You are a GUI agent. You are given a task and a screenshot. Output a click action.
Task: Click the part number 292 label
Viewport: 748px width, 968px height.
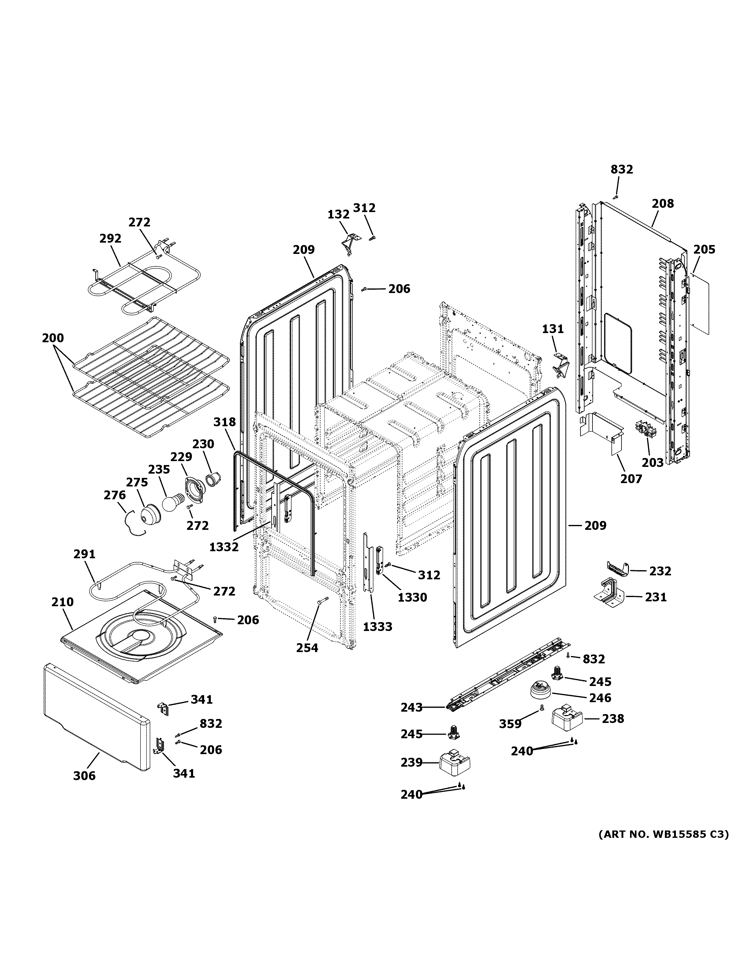point(110,238)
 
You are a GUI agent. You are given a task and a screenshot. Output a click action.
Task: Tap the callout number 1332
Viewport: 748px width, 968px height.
point(224,547)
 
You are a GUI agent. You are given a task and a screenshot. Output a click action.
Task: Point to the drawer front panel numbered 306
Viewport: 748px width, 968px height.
point(95,718)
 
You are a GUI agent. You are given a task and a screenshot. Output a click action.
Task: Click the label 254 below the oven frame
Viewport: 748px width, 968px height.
point(307,648)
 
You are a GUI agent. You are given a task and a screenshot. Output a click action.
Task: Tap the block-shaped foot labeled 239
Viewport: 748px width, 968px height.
point(455,762)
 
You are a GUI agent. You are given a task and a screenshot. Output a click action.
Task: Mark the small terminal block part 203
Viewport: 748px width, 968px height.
point(645,430)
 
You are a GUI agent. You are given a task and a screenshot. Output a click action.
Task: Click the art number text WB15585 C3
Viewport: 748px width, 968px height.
point(663,834)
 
